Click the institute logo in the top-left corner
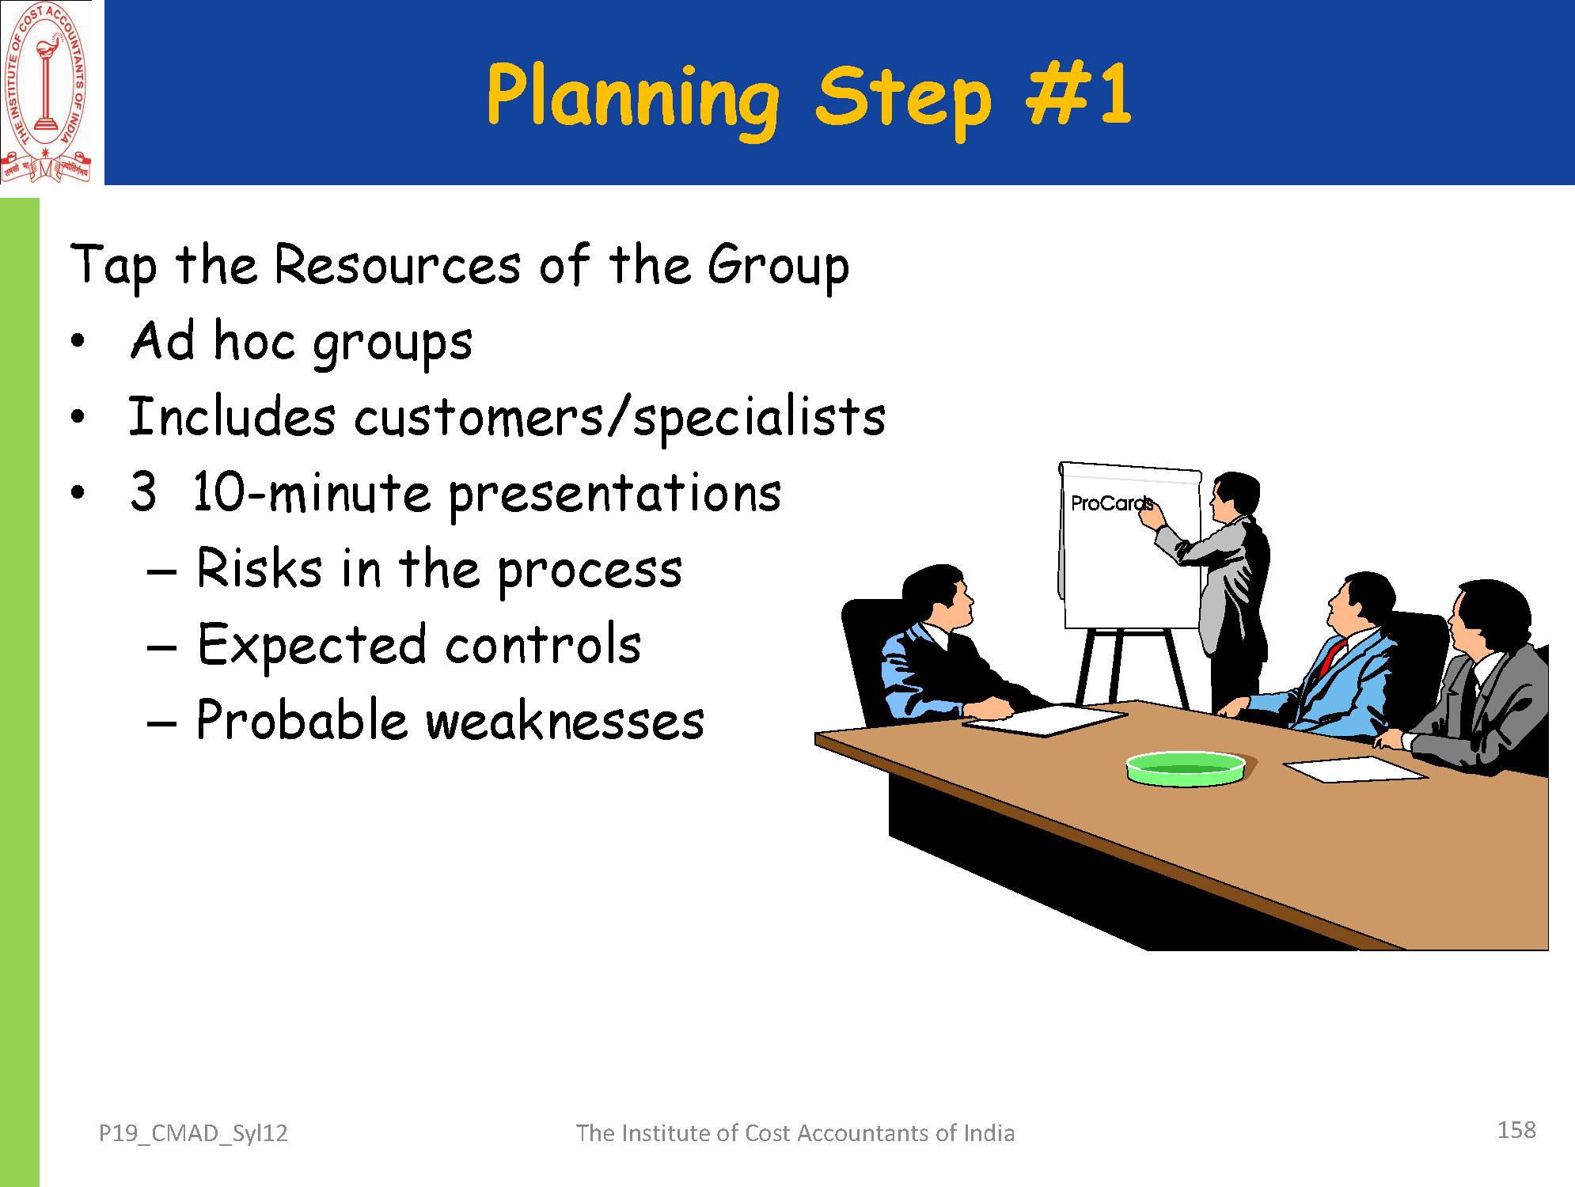point(46,92)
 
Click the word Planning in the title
point(633,98)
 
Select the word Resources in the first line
point(397,265)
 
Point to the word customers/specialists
point(620,419)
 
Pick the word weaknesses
point(565,721)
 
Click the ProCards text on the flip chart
point(1110,503)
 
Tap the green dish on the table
point(1186,768)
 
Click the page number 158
point(1516,1130)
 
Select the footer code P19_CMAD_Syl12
point(193,1133)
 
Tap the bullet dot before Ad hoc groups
point(78,342)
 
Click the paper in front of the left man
point(1045,719)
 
